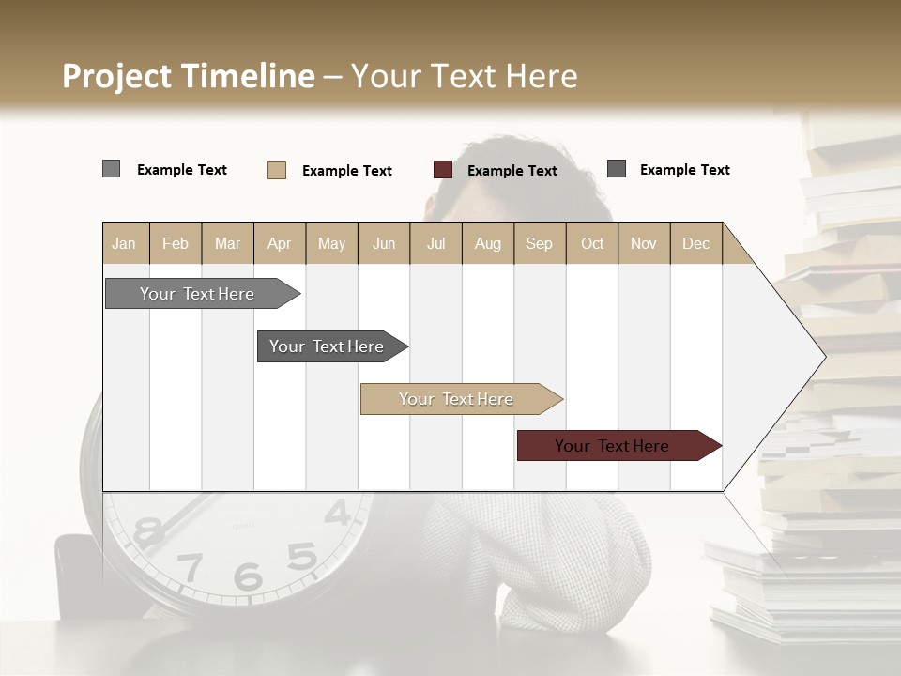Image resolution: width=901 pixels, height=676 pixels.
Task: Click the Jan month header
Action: tap(124, 243)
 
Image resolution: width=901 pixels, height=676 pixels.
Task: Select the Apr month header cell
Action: tap(280, 243)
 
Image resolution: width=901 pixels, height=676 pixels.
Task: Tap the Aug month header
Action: tap(487, 243)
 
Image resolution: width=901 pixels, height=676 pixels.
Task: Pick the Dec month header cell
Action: tap(695, 243)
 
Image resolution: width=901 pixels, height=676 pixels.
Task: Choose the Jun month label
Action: tap(384, 243)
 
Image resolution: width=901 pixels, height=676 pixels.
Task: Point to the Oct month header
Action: tap(592, 243)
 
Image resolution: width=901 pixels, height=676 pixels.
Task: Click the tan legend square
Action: tap(277, 170)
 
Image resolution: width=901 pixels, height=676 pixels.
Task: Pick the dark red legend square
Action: tap(443, 170)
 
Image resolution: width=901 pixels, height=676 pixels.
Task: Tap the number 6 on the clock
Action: tap(248, 576)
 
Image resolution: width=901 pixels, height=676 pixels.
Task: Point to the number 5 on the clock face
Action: tap(301, 556)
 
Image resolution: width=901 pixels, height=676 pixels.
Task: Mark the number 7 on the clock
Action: tap(191, 566)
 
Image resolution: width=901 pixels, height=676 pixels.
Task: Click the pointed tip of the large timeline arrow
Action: tap(824, 357)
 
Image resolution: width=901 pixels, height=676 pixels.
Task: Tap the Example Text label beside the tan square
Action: tap(346, 171)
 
